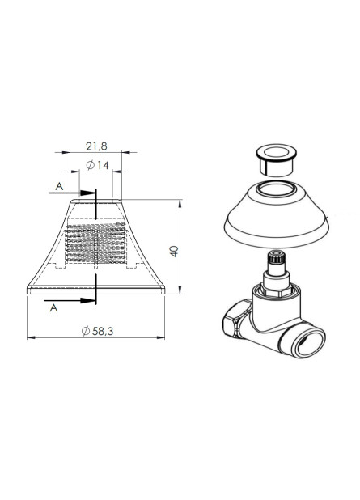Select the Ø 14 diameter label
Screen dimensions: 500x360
tap(96, 165)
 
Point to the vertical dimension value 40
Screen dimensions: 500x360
tap(173, 250)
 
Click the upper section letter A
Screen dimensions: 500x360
tap(59, 186)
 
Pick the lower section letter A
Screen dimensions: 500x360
tap(53, 308)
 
